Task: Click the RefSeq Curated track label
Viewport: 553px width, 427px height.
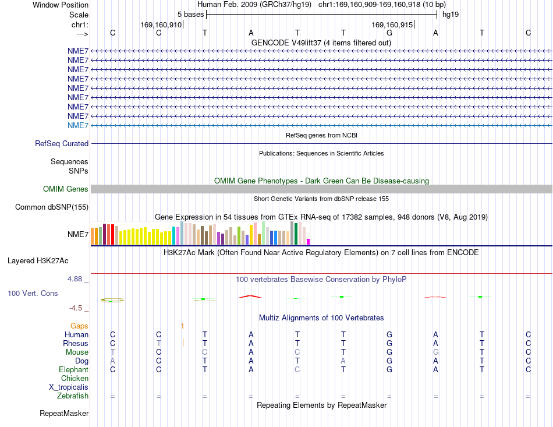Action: coord(62,144)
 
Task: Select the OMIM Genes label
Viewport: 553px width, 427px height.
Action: coord(66,189)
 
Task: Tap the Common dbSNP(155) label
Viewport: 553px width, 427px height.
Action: coord(52,207)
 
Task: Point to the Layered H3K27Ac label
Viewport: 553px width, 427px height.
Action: coord(38,261)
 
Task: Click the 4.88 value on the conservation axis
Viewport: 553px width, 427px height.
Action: coord(75,279)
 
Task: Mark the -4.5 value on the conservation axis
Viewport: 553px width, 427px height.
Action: coord(76,308)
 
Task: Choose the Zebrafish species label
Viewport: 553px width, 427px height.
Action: coord(73,396)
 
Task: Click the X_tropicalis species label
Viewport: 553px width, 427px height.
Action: coord(69,387)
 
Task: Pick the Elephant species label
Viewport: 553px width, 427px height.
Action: coord(73,369)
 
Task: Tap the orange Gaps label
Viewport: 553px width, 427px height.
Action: coord(79,326)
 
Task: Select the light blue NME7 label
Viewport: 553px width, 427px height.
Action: coord(78,126)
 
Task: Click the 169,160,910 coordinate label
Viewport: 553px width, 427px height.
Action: coord(161,24)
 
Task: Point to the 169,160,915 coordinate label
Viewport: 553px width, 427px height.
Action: coord(392,24)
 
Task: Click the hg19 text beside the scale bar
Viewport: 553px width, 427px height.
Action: coord(451,15)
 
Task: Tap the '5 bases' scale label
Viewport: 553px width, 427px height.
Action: coord(190,15)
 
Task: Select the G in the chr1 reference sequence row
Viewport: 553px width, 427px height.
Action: coord(389,33)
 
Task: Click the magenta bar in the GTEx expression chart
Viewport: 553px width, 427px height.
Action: coord(309,242)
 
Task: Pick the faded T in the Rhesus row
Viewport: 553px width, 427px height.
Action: coord(159,343)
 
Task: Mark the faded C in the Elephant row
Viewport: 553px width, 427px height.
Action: coord(297,369)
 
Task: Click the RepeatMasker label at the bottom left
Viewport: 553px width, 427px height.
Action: coord(64,413)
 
